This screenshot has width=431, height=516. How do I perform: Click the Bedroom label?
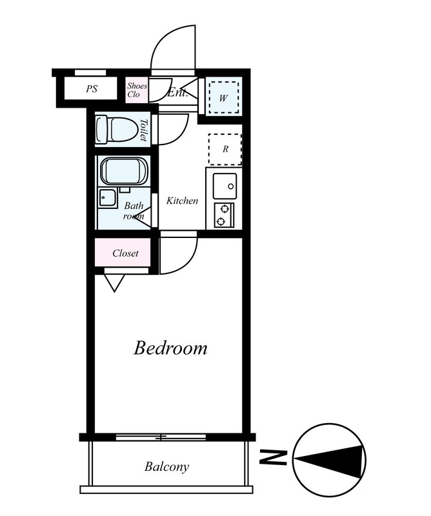[x=170, y=348]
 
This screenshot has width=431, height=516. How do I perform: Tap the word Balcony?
[x=166, y=466]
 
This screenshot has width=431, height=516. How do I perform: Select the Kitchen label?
[x=182, y=201]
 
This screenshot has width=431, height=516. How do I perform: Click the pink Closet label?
[x=125, y=253]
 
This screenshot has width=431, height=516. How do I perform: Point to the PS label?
[x=92, y=88]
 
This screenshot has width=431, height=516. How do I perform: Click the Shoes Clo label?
[x=137, y=90]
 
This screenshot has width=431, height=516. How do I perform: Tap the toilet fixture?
[x=117, y=130]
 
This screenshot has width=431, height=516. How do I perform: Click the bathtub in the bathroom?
[x=124, y=171]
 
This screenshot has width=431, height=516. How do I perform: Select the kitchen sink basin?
[x=225, y=186]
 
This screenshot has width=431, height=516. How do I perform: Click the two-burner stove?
[x=225, y=215]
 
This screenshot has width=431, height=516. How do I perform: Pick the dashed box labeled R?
[x=225, y=149]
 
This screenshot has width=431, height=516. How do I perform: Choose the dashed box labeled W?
[x=224, y=98]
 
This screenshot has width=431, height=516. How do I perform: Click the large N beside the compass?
[x=273, y=457]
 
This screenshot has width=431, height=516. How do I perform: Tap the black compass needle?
[x=330, y=460]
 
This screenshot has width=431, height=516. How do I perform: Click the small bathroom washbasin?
[x=107, y=198]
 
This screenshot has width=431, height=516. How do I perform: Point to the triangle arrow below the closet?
[x=114, y=283]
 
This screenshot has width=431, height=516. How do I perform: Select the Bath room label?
[x=134, y=211]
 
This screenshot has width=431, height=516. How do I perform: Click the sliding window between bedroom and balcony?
[x=161, y=437]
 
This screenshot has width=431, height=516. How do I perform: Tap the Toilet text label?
[x=143, y=130]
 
